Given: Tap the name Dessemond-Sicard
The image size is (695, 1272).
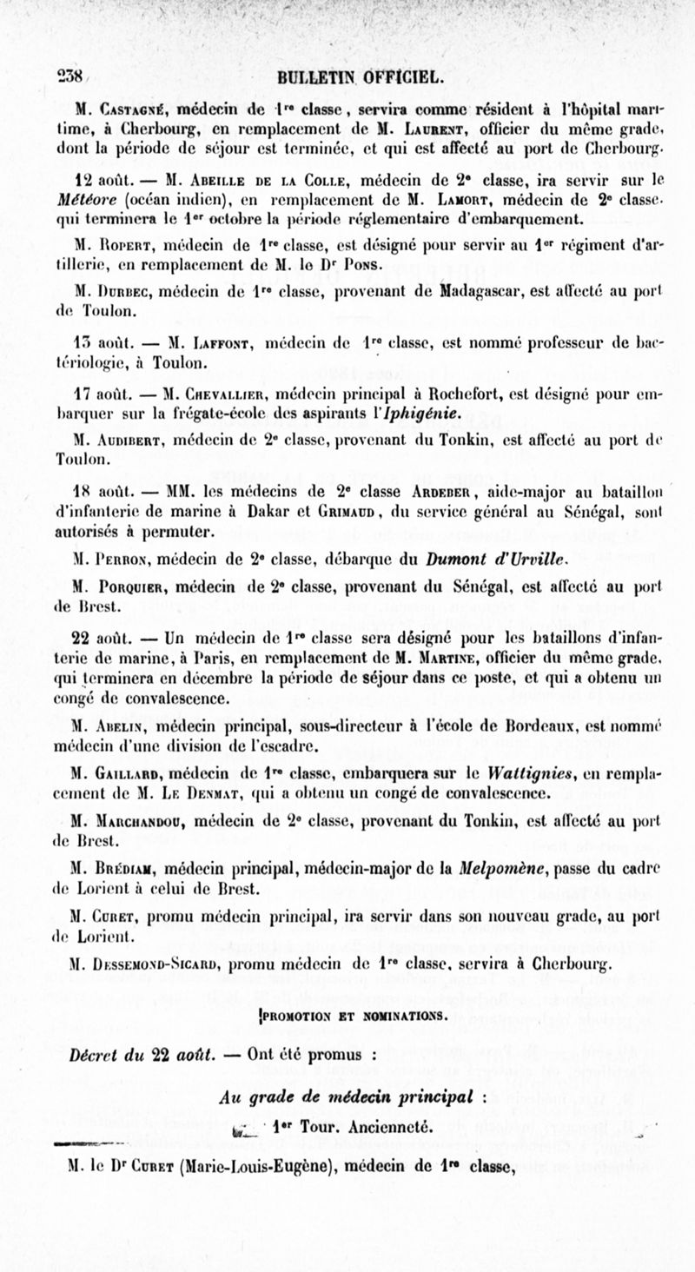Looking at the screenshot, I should click(x=169, y=965).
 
